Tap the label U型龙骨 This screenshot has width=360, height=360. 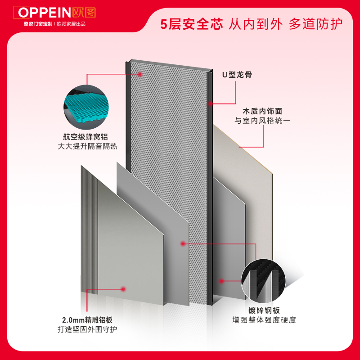coord(237,75)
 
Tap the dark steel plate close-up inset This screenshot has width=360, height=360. coord(264,279)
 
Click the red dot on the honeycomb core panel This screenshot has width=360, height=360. coord(140,74)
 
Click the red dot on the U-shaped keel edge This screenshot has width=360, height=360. coord(210,103)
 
